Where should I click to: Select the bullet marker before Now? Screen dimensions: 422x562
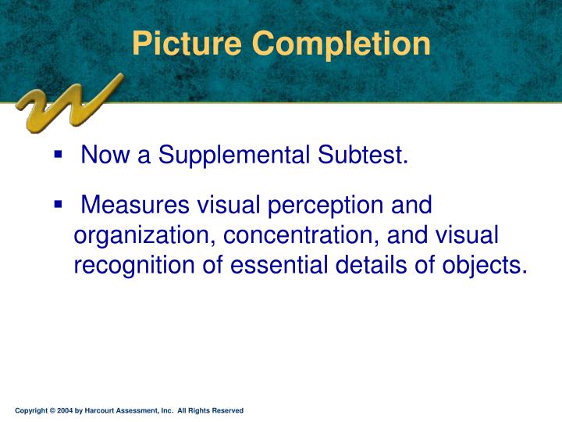[x=59, y=156]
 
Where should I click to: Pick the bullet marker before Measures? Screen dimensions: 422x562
[x=59, y=205]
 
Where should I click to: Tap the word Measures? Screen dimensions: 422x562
[x=134, y=206]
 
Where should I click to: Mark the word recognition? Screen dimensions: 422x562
[x=140, y=266]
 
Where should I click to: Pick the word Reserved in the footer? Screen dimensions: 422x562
[x=227, y=410]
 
